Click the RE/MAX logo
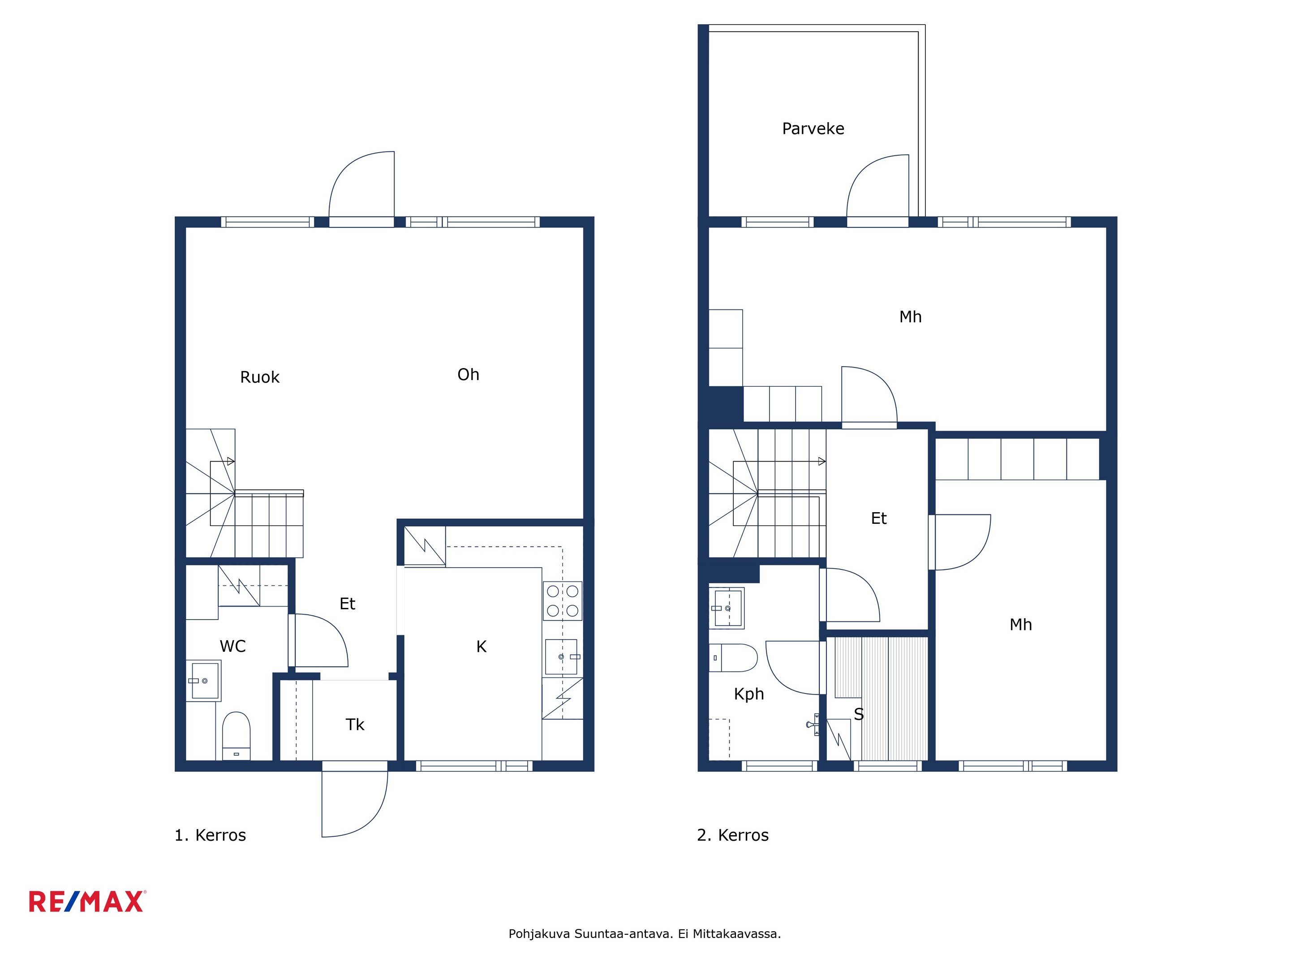tap(87, 901)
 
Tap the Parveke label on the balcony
tap(813, 129)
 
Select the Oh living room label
tap(468, 374)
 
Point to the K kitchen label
tap(481, 646)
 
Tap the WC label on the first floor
tap(232, 646)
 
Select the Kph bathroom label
tap(749, 694)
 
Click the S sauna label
tap(859, 714)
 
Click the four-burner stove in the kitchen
tap(562, 601)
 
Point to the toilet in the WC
tap(236, 736)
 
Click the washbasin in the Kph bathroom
tap(727, 608)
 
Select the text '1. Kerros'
tap(210, 835)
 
